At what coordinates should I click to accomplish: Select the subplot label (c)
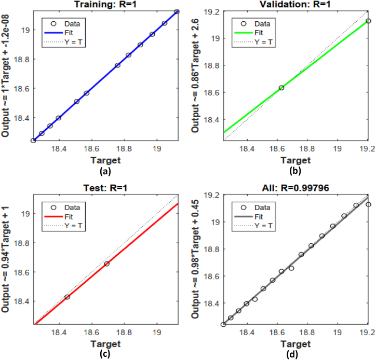point(106,354)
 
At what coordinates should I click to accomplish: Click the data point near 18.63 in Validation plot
point(281,88)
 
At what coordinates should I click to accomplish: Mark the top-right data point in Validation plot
point(368,21)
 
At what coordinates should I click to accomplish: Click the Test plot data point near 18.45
point(68,297)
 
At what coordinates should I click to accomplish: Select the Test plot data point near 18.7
point(107,264)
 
